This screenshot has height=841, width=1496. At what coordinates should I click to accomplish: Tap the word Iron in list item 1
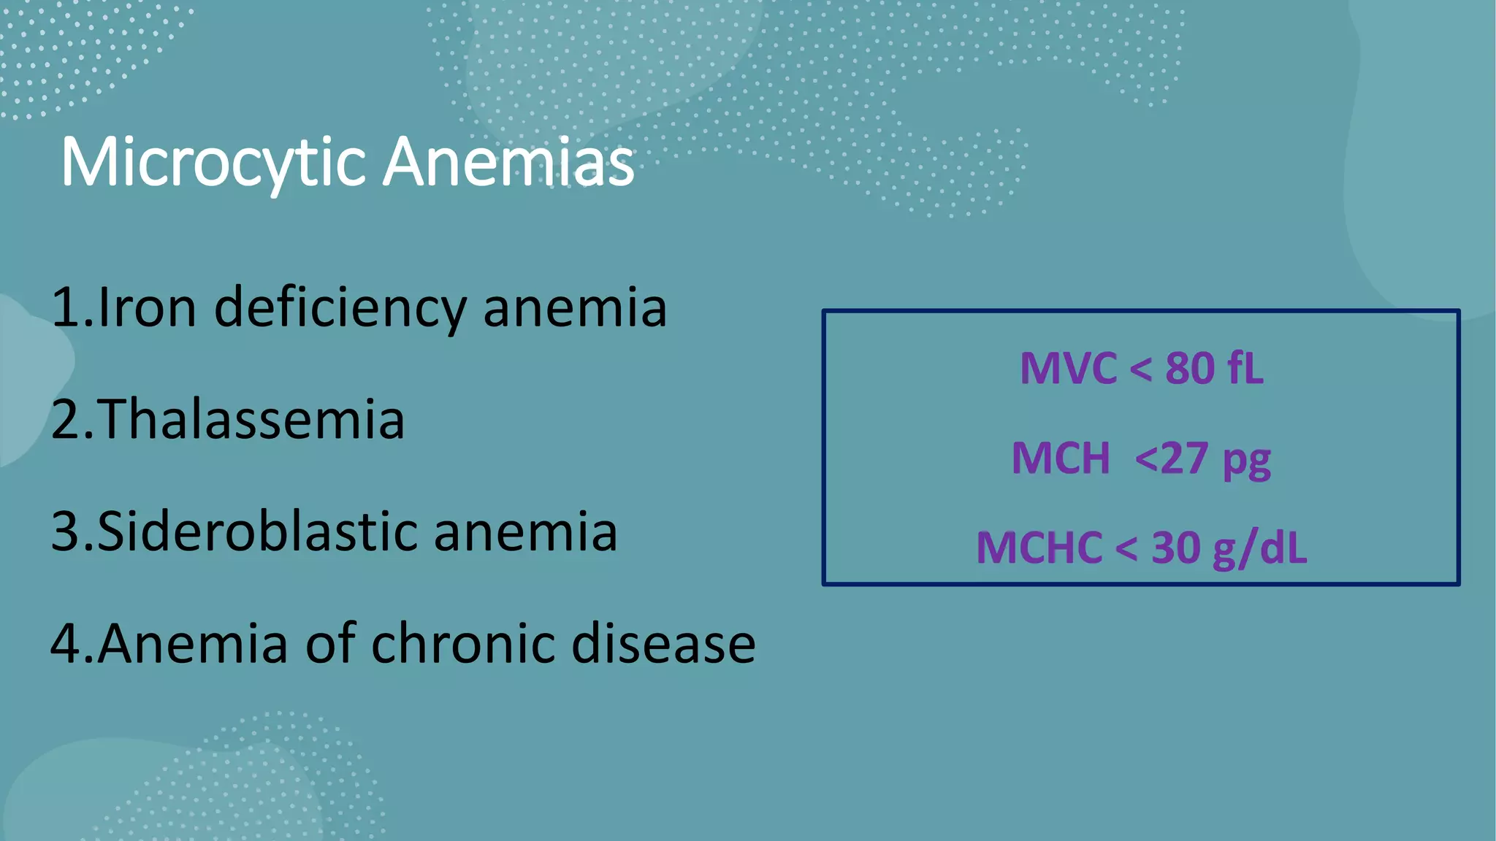(x=147, y=307)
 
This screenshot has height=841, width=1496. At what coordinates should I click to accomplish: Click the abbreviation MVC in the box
(x=1068, y=368)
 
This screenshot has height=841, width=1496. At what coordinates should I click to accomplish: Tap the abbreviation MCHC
(x=1039, y=548)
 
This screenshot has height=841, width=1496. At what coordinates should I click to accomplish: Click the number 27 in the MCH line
(x=1183, y=458)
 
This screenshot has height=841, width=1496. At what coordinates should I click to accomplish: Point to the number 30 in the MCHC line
(x=1176, y=548)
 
